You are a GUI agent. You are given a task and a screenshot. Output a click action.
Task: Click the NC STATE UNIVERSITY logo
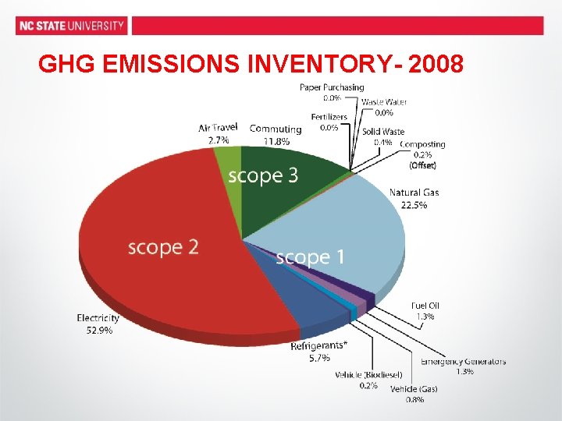click(71, 26)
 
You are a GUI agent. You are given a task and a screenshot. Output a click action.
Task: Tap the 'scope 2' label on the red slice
click(163, 248)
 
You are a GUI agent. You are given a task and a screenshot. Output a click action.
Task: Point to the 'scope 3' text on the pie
click(262, 176)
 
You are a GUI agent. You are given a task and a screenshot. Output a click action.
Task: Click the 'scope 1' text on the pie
click(309, 257)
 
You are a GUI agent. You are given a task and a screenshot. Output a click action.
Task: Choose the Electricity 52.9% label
click(98, 324)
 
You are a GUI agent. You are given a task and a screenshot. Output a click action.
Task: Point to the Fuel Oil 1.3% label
click(425, 311)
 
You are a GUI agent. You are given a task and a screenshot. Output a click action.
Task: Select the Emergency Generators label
click(464, 366)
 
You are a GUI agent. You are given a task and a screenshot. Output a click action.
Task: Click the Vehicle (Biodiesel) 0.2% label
click(368, 380)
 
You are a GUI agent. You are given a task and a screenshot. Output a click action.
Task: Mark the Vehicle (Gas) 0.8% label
click(414, 394)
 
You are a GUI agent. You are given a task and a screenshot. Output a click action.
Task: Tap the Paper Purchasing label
click(332, 92)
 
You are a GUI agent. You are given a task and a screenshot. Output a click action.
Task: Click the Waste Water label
click(383, 107)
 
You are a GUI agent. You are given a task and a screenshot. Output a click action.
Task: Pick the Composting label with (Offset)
click(422, 154)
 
